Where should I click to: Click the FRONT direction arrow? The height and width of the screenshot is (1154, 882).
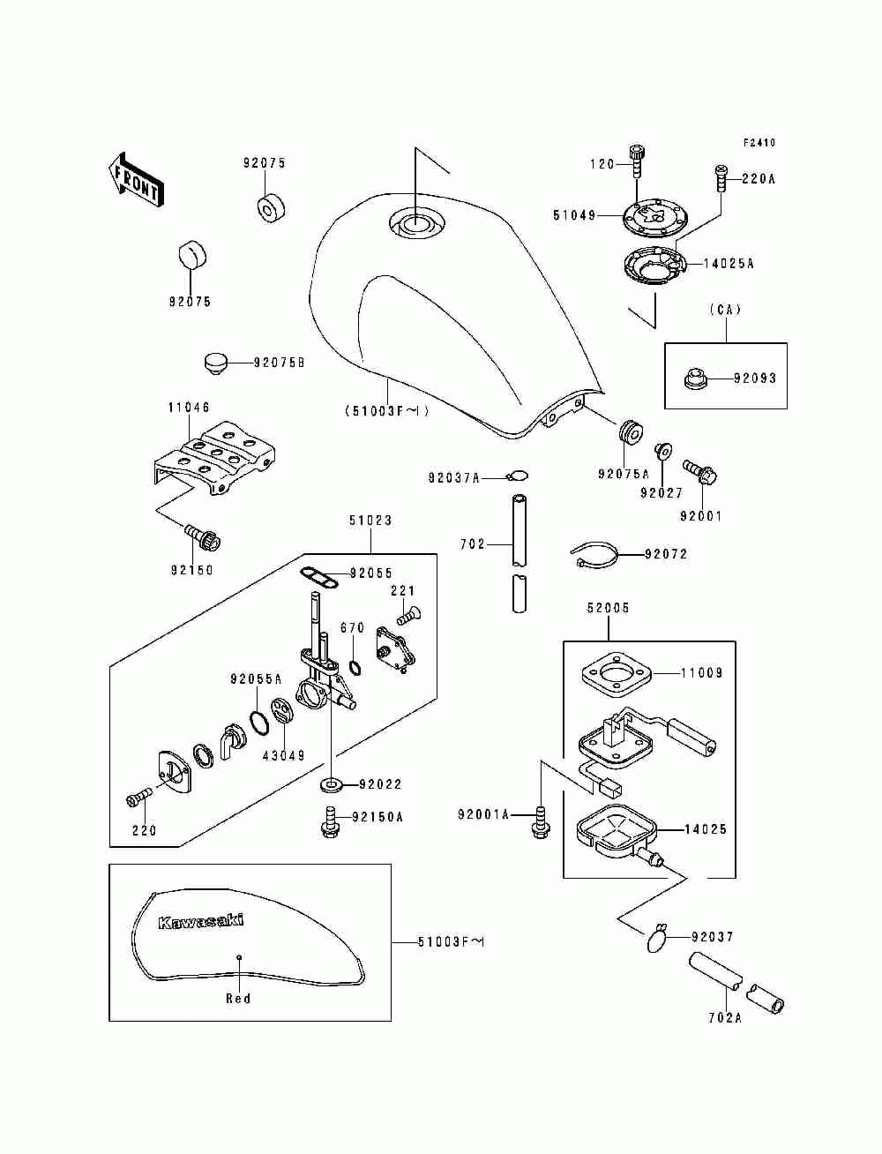[x=136, y=180]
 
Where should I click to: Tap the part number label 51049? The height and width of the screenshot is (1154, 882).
[x=574, y=215]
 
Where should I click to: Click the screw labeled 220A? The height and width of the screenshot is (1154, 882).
[x=720, y=178]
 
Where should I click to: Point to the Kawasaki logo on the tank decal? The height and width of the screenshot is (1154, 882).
[x=201, y=922]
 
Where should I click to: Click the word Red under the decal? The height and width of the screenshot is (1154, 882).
[x=238, y=998]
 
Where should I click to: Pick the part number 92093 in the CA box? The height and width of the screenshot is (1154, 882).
[x=755, y=378]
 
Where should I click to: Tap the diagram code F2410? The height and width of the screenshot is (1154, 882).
[x=759, y=142]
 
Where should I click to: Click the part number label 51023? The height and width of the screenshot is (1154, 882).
[x=370, y=520]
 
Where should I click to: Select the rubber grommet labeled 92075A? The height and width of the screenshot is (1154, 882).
[x=631, y=431]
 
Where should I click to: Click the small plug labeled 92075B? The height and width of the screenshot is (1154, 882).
[x=213, y=363]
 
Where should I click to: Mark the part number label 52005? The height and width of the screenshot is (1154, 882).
[x=608, y=608]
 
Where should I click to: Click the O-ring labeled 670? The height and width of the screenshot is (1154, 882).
[x=355, y=667]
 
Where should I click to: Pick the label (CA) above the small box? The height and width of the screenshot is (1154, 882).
[x=725, y=311]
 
